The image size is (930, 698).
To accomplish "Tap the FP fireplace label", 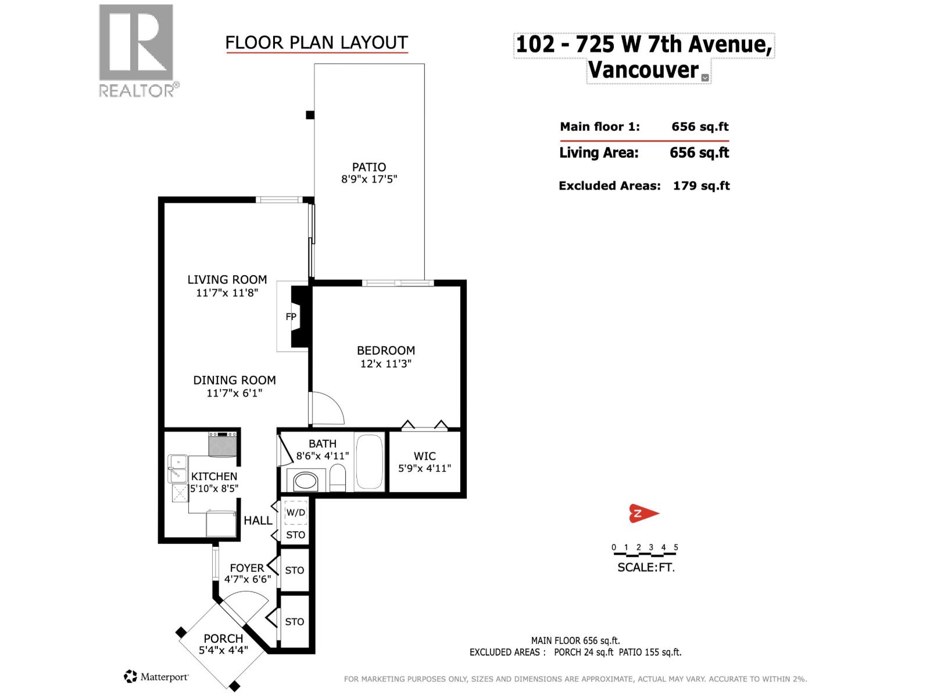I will (x=291, y=317).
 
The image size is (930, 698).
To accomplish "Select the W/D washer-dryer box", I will (x=295, y=512).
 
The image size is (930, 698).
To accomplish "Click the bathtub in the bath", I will (x=369, y=461).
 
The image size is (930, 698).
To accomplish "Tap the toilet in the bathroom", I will (x=338, y=479).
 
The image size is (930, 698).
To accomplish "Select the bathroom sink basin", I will (x=306, y=482).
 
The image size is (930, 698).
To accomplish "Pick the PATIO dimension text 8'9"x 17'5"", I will (x=369, y=180).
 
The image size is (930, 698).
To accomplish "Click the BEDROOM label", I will (x=385, y=350).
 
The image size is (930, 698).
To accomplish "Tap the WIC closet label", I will (x=424, y=456).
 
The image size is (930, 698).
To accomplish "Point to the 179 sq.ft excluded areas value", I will (x=701, y=186).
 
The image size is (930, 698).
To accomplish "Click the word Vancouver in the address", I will (x=643, y=70).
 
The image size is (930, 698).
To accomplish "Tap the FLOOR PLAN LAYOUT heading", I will (x=316, y=42).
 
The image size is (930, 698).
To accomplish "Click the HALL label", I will (x=257, y=521).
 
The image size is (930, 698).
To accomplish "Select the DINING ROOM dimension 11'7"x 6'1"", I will (x=234, y=393).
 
